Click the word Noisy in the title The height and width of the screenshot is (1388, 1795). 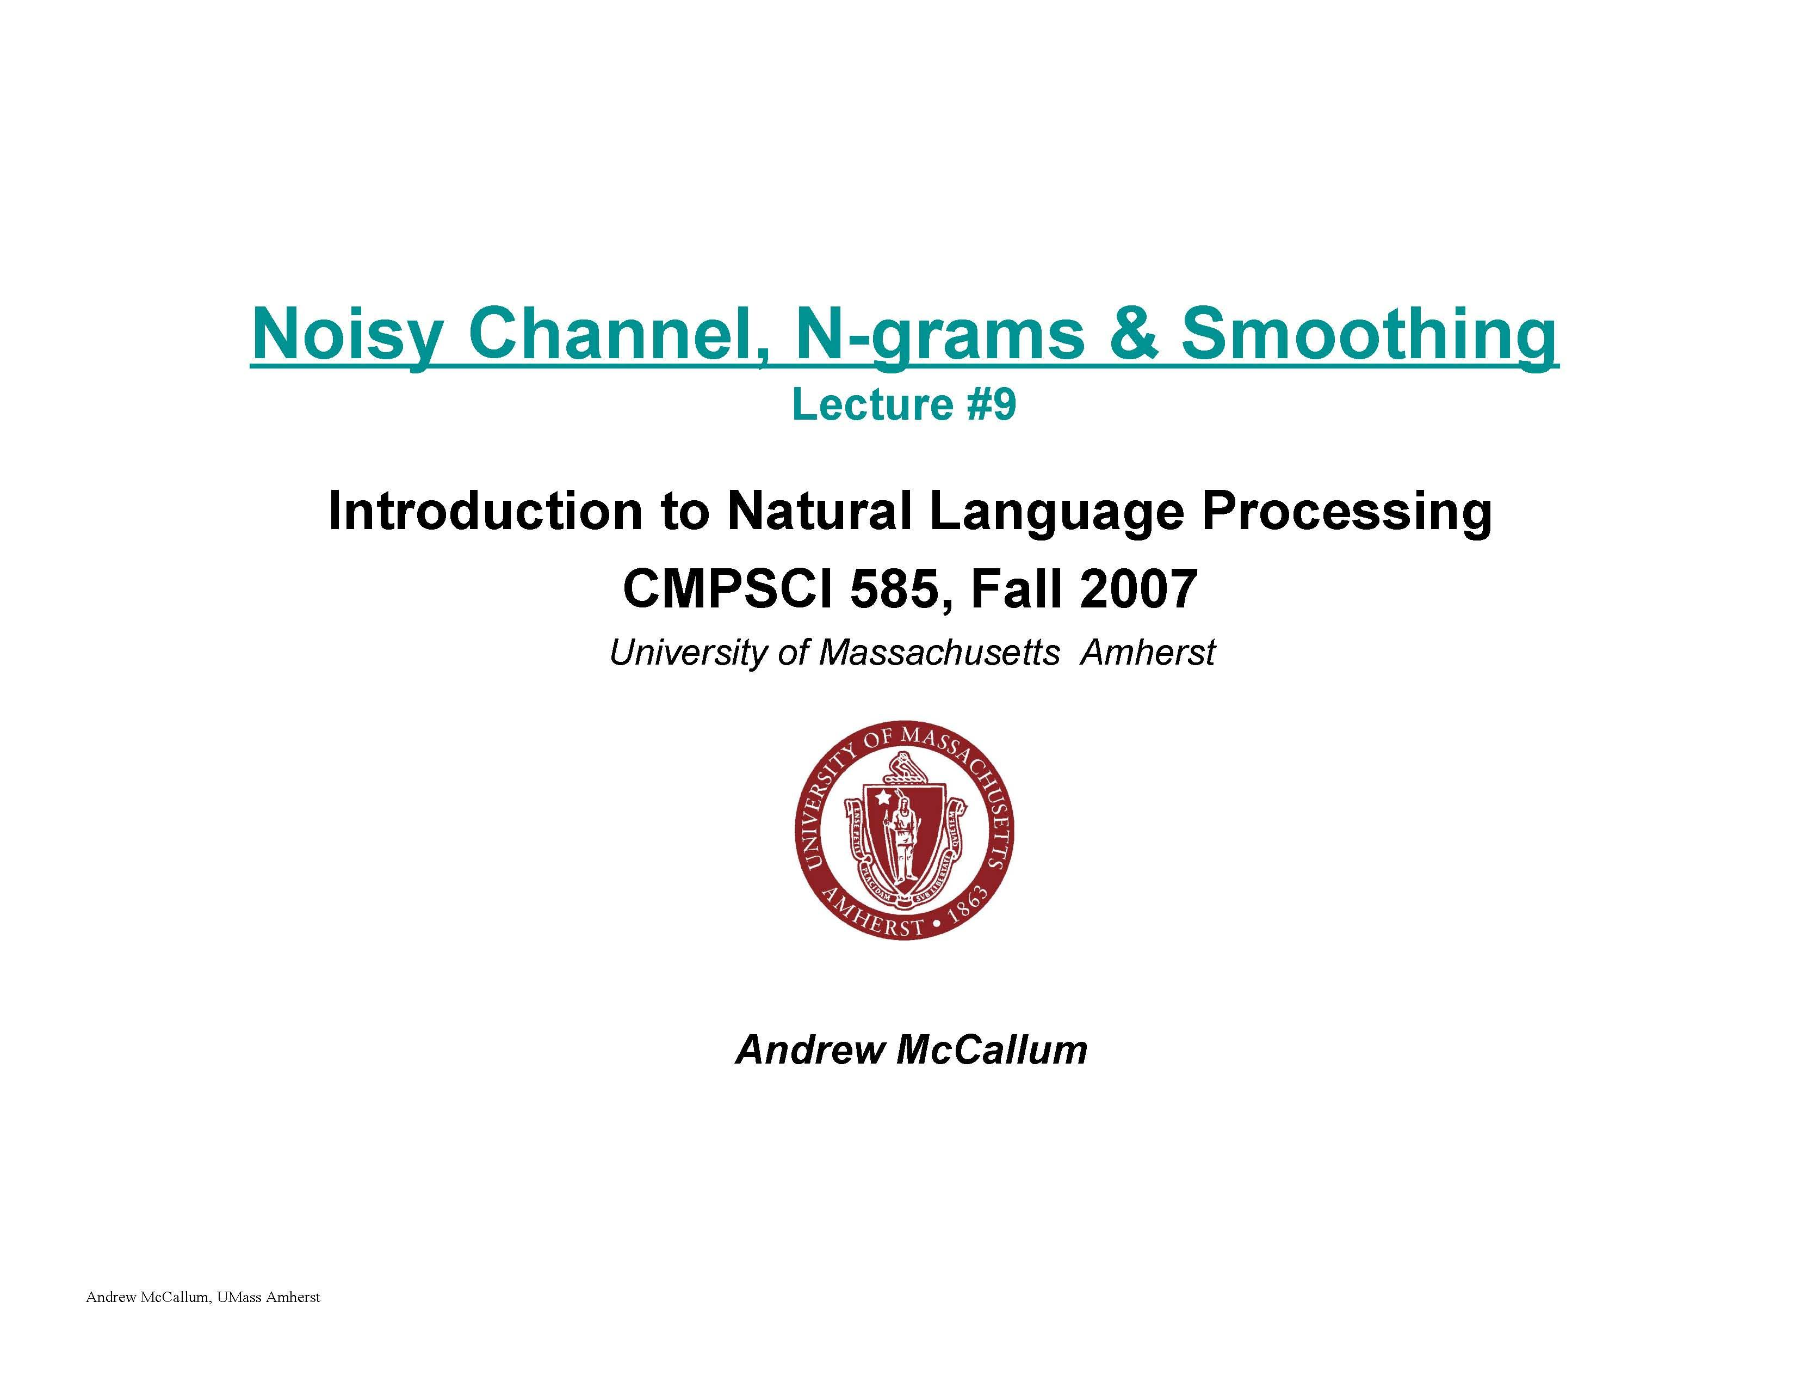coord(346,335)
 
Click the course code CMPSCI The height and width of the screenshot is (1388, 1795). coord(730,589)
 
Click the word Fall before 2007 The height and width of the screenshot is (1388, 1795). coord(1017,589)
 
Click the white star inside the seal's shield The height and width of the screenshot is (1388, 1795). coord(883,797)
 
